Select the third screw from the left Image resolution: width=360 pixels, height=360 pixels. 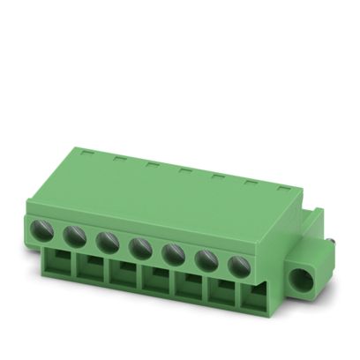point(107,239)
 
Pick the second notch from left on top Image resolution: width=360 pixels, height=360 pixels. point(118,158)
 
